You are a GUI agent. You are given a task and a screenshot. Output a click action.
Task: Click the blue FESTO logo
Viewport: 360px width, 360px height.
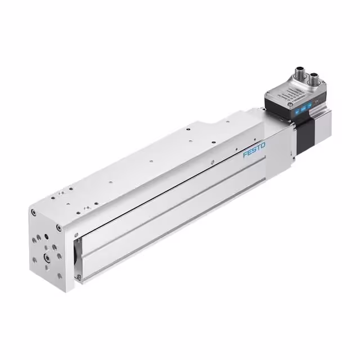pos(254,150)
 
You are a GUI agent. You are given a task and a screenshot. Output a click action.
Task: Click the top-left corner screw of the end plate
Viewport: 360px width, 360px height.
pos(34,212)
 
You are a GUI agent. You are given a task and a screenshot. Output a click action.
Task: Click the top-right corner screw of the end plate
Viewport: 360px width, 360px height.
pos(58,228)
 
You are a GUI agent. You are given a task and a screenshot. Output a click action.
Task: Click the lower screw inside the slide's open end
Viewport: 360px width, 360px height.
pos(78,276)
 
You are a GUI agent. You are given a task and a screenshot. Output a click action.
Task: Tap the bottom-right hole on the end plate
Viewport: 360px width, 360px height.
pos(58,275)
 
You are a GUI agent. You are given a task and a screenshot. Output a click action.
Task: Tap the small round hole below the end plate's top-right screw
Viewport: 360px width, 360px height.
pos(56,241)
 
